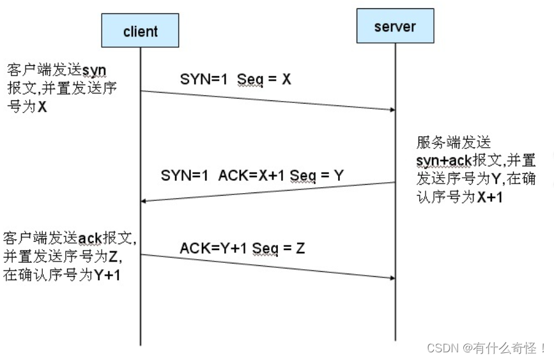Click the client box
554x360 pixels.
click(x=140, y=31)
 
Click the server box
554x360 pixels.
click(x=395, y=26)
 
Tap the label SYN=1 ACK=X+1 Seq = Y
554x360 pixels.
click(x=252, y=175)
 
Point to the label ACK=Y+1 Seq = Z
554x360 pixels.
click(x=242, y=247)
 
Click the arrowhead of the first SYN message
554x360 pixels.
click(x=391, y=109)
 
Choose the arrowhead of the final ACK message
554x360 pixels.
click(x=391, y=277)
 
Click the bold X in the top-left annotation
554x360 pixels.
click(x=42, y=107)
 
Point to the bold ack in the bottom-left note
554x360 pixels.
click(x=89, y=239)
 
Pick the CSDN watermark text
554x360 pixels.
click(x=486, y=348)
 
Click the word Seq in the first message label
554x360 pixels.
click(x=250, y=80)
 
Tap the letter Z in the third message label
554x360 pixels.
click(x=300, y=247)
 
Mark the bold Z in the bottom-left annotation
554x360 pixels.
click(x=113, y=257)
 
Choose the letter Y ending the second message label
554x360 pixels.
click(x=339, y=175)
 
